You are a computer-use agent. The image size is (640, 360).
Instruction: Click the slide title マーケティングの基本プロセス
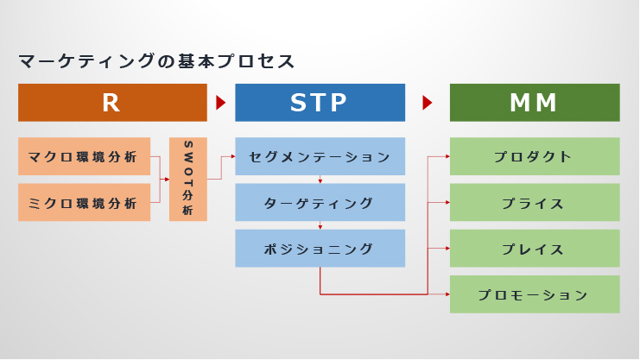(157, 61)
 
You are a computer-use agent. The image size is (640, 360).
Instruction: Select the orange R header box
(112, 103)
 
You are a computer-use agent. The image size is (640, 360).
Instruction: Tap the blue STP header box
(320, 103)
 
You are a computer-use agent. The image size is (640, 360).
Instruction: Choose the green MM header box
(535, 103)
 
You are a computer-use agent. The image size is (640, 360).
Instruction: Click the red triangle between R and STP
(220, 103)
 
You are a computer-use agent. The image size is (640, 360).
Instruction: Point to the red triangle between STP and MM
(427, 103)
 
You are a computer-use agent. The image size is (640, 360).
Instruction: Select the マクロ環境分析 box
(84, 157)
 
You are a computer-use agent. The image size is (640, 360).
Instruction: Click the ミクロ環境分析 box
(84, 203)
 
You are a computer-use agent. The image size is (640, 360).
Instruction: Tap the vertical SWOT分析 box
(187, 180)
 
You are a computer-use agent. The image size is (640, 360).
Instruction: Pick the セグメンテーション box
(320, 157)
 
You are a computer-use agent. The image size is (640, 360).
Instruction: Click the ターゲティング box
(320, 203)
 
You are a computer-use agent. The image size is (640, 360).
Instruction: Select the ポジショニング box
(320, 249)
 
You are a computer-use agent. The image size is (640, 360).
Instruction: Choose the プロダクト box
(535, 157)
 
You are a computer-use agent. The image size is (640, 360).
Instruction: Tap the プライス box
(535, 203)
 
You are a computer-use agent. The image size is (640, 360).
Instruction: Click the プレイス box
(535, 249)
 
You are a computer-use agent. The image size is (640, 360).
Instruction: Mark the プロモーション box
(535, 294)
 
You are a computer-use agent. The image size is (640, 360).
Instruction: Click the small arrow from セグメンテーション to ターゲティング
(320, 180)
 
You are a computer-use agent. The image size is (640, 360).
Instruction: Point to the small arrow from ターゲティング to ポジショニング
(320, 226)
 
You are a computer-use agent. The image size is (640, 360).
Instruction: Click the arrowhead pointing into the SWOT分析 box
(167, 180)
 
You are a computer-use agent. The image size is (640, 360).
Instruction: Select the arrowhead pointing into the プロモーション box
(447, 294)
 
